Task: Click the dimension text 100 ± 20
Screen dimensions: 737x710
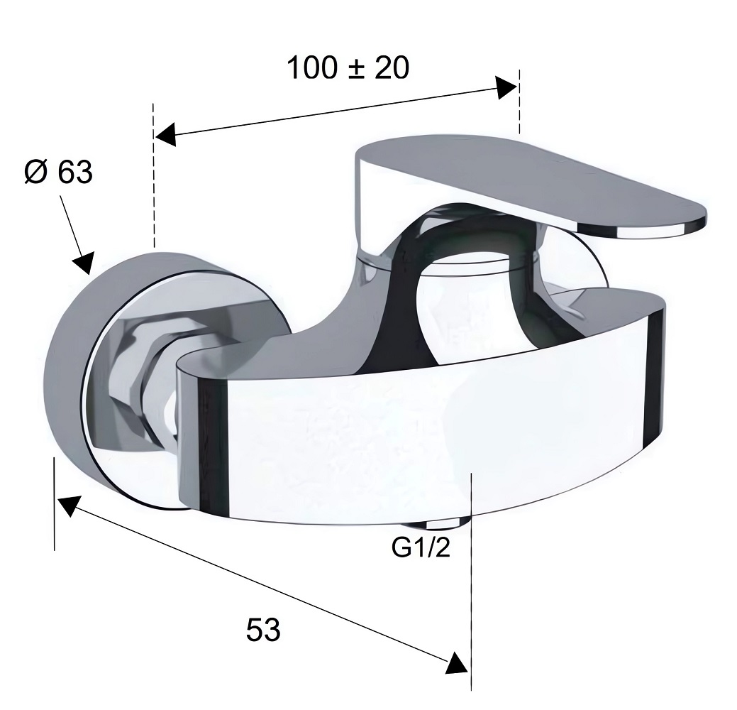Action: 348,67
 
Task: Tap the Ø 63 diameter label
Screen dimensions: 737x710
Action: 59,172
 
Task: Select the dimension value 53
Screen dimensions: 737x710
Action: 263,630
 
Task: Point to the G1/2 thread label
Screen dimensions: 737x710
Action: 421,547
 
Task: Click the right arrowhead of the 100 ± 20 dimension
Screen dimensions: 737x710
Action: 507,88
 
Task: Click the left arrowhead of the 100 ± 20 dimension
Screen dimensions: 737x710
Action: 166,135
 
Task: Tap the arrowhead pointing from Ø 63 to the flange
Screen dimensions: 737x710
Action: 84,263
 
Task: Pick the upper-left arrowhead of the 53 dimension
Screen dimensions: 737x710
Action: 69,506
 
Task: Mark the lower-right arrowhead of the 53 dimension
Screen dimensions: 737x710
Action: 457,663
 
